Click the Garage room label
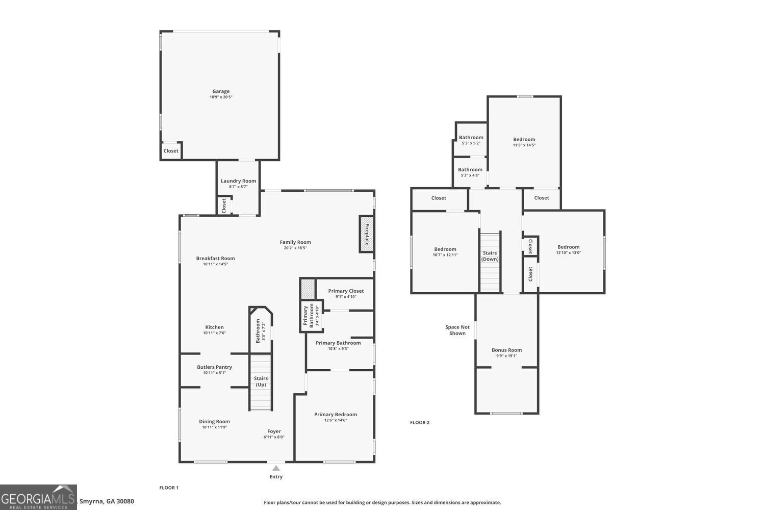pos(221,92)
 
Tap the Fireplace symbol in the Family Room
pos(367,234)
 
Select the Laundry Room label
pos(238,181)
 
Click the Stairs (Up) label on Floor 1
pos(261,381)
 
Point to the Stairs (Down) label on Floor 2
pos(490,256)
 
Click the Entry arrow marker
pos(276,468)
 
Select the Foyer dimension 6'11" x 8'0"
pos(274,437)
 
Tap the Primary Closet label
pos(346,291)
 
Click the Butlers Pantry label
pos(214,367)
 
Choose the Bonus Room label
pos(506,350)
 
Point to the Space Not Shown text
pos(457,330)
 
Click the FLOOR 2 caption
pos(420,422)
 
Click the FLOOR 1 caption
pos(169,488)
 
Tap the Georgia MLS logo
pos(38,497)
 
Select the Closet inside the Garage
pos(171,151)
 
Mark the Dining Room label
pos(214,422)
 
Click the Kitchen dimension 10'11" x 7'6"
pos(214,333)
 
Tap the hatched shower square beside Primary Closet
pos(308,289)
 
